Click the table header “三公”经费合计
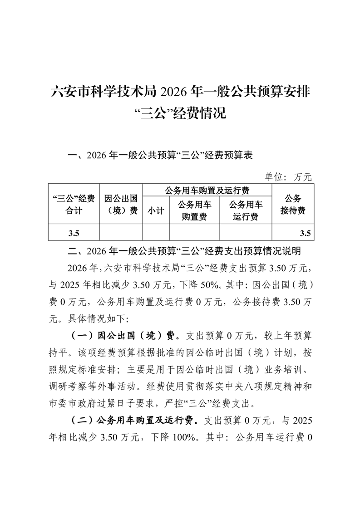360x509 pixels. pyautogui.click(x=73, y=204)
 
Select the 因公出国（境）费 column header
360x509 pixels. pyautogui.click(x=121, y=204)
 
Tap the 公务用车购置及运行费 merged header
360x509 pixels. pyautogui.click(x=207, y=190)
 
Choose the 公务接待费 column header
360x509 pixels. pyautogui.click(x=293, y=204)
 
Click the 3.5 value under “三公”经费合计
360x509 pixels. pyautogui.click(x=74, y=233)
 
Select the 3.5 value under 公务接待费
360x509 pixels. pyautogui.click(x=305, y=233)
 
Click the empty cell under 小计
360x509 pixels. pyautogui.click(x=156, y=233)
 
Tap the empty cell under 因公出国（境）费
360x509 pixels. pyautogui.click(x=121, y=233)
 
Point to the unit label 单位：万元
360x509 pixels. pyautogui.click(x=288, y=176)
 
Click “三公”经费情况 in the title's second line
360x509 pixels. pyautogui.click(x=181, y=113)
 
